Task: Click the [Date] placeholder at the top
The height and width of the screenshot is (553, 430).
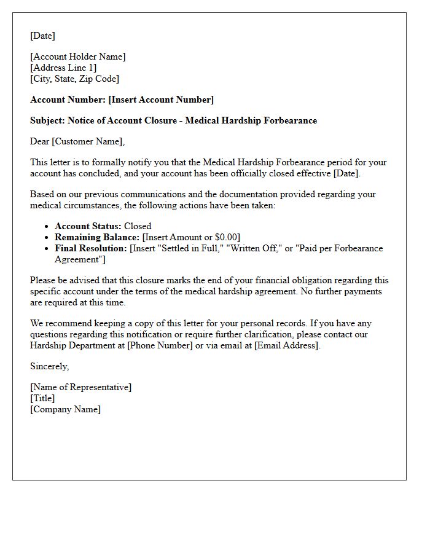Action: (42, 36)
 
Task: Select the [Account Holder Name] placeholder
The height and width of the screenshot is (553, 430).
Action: (77, 57)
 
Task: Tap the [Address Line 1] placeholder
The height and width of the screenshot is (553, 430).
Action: (63, 68)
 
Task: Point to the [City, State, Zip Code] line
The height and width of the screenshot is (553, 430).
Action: (74, 79)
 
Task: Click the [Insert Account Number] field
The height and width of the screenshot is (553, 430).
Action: (161, 100)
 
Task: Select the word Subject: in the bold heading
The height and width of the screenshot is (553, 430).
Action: (47, 120)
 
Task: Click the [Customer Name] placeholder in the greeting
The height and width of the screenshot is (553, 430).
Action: (87, 141)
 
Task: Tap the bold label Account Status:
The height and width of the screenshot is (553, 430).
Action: (88, 226)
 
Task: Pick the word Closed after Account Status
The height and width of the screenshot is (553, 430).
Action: (138, 226)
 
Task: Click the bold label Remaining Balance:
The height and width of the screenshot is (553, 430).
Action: (97, 237)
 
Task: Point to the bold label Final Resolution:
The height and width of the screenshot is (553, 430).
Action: (91, 248)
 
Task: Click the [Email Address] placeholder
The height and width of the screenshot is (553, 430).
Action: (287, 345)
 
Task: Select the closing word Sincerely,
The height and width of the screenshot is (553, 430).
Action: (49, 366)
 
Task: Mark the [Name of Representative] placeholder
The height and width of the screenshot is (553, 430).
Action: (80, 387)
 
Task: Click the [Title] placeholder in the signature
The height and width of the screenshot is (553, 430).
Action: (42, 398)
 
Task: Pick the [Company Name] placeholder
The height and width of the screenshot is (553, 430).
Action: (65, 409)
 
